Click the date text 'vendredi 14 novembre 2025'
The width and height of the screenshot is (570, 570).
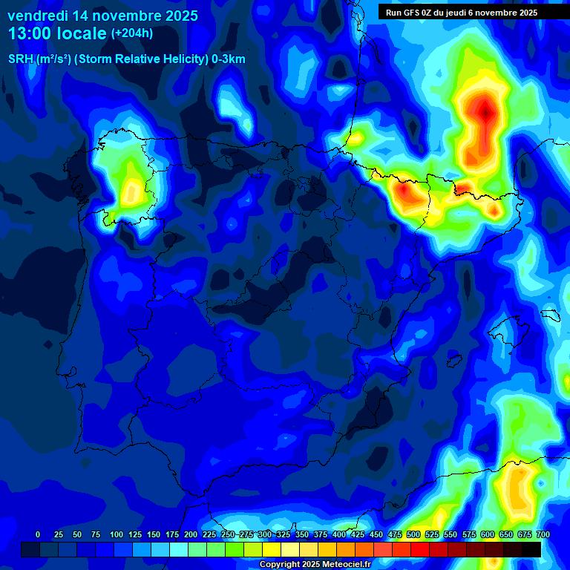pyautogui.click(x=102, y=16)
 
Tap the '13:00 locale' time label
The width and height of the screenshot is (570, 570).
pyautogui.click(x=57, y=33)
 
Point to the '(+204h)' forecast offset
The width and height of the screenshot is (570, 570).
pyautogui.click(x=133, y=33)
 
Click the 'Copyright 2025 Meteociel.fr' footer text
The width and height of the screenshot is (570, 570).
pyautogui.click(x=314, y=564)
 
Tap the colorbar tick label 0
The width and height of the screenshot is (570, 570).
pyautogui.click(x=38, y=534)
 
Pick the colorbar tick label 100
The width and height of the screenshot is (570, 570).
pyautogui.click(x=117, y=534)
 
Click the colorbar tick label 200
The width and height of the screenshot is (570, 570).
pyautogui.click(x=191, y=534)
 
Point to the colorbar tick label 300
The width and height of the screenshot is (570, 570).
pyautogui.click(x=265, y=534)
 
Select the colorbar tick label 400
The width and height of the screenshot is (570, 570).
pyautogui.click(x=339, y=534)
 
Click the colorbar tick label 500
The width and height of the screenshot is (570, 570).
pyautogui.click(x=413, y=534)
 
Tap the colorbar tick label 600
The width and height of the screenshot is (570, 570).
pyautogui.click(x=488, y=534)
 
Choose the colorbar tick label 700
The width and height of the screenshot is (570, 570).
pyautogui.click(x=543, y=534)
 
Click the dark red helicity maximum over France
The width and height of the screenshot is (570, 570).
pyautogui.click(x=486, y=111)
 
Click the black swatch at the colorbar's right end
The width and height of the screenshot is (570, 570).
pyautogui.click(x=531, y=549)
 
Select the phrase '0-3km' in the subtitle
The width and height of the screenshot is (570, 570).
pyautogui.click(x=228, y=59)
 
